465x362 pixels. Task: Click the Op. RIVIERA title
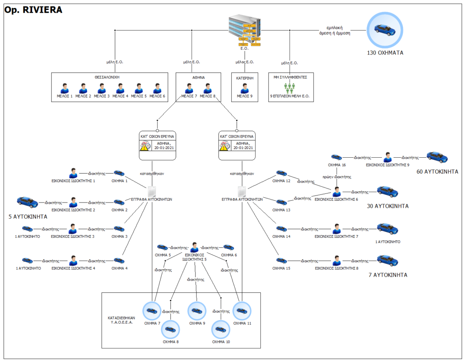click(33, 10)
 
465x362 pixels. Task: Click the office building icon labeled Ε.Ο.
click(245, 31)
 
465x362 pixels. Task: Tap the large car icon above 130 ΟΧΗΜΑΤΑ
click(385, 30)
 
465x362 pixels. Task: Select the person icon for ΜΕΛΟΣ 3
click(102, 88)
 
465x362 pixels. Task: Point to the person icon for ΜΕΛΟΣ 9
click(245, 88)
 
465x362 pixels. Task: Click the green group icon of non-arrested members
click(290, 88)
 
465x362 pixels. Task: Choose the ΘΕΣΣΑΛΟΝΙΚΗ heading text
click(107, 77)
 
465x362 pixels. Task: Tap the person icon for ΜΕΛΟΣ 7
click(189, 88)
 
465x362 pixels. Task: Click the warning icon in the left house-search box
click(145, 146)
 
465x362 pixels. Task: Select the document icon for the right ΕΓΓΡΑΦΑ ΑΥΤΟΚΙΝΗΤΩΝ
click(242, 192)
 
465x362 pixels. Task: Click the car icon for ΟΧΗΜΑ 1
click(119, 173)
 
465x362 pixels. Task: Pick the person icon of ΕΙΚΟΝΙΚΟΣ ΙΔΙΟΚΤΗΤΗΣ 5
click(194, 247)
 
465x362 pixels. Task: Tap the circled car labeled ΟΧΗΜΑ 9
click(197, 311)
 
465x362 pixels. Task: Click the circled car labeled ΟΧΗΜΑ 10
click(221, 329)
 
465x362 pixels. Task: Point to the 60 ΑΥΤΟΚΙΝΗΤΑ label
click(438, 172)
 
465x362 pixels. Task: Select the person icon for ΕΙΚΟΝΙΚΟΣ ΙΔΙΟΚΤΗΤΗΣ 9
click(387, 157)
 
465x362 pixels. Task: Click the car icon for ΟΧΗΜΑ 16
click(337, 157)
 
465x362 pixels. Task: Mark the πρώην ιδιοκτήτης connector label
click(337, 177)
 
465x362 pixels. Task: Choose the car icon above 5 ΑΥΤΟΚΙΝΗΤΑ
click(27, 202)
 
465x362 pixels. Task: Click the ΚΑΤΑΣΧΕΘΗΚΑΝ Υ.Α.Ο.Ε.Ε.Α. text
click(121, 320)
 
